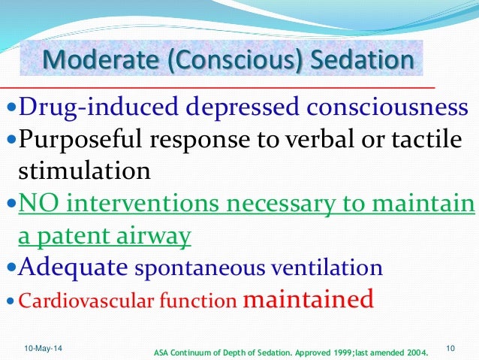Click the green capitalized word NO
[37, 204]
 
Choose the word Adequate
[67, 267]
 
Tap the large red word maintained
[309, 299]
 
